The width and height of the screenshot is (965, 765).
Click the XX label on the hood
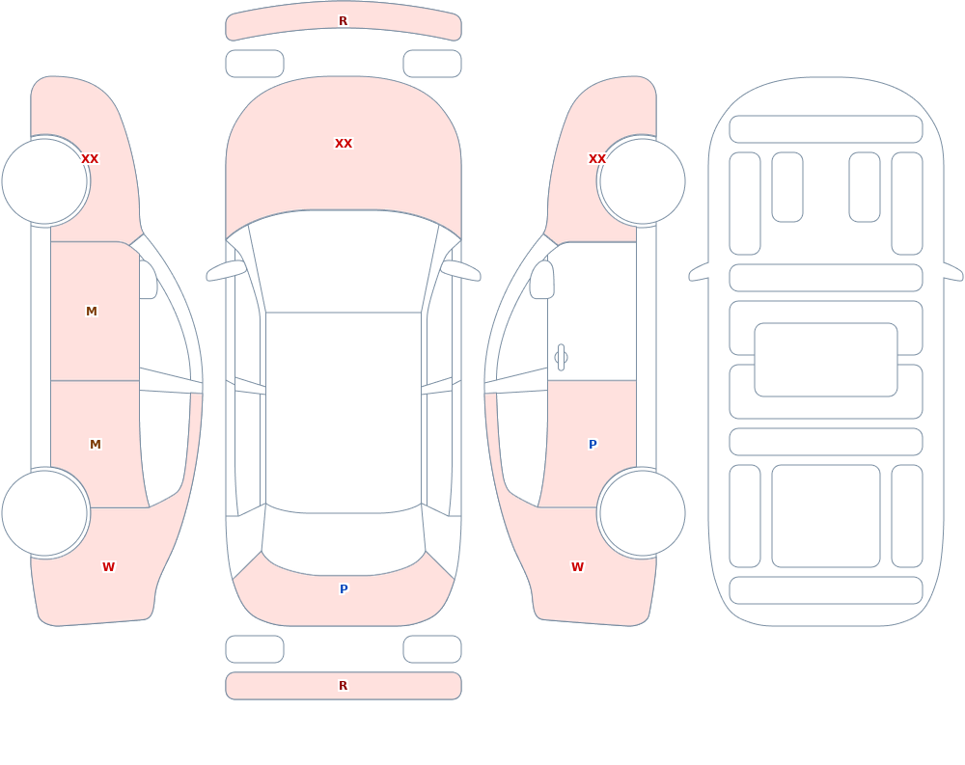click(344, 144)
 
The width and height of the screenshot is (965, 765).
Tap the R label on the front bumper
click(343, 21)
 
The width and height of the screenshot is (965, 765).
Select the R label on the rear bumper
click(343, 686)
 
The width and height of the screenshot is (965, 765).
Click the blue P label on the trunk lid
click(344, 589)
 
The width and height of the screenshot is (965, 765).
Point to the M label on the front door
click(91, 312)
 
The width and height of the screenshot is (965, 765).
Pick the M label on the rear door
click(95, 445)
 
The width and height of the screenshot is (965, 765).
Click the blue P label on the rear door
click(593, 445)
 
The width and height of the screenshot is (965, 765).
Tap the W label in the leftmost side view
click(108, 567)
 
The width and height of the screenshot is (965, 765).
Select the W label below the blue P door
click(577, 567)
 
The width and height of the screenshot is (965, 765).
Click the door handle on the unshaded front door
click(561, 358)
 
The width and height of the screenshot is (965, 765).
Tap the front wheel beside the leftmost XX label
click(45, 181)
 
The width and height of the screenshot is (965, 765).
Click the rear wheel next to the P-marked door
click(642, 512)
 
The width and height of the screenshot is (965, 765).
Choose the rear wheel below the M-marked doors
click(45, 512)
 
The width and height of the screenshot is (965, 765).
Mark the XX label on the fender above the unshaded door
click(597, 159)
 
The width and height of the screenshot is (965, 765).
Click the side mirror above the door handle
click(541, 280)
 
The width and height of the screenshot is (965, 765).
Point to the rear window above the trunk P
click(344, 541)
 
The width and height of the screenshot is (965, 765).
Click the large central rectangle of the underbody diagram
click(826, 360)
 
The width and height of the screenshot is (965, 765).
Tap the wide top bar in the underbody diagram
click(826, 129)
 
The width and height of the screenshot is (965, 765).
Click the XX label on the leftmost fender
click(90, 159)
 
